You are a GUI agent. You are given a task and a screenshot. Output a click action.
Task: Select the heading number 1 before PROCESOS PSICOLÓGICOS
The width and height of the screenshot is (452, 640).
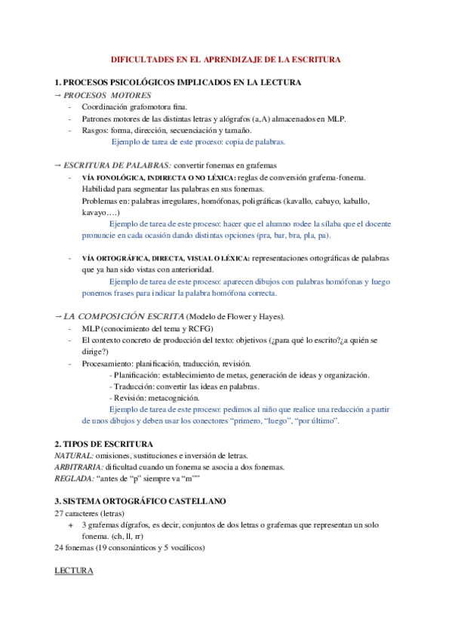click(57, 82)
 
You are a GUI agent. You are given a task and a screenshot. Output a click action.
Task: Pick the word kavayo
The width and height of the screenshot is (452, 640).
click(96, 214)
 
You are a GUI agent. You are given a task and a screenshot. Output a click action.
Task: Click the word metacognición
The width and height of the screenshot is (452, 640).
click(179, 398)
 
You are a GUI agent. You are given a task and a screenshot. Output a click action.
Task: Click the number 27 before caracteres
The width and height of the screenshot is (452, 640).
click(60, 513)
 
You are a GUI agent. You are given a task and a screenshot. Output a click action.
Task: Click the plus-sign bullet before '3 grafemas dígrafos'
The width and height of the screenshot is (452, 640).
click(71, 525)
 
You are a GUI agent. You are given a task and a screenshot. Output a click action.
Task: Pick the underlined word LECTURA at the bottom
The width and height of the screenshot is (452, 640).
click(74, 571)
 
